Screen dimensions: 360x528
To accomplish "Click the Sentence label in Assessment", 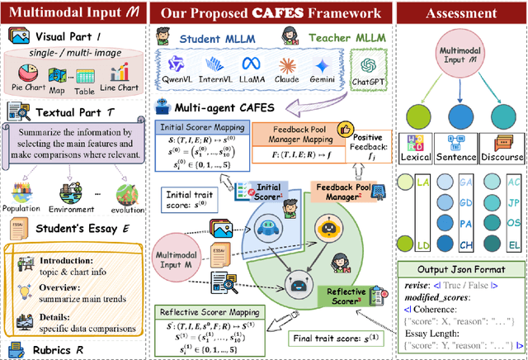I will pos(459,158).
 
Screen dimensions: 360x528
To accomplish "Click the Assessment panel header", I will pos(459,13).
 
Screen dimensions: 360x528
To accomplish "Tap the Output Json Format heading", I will pos(460,271).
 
